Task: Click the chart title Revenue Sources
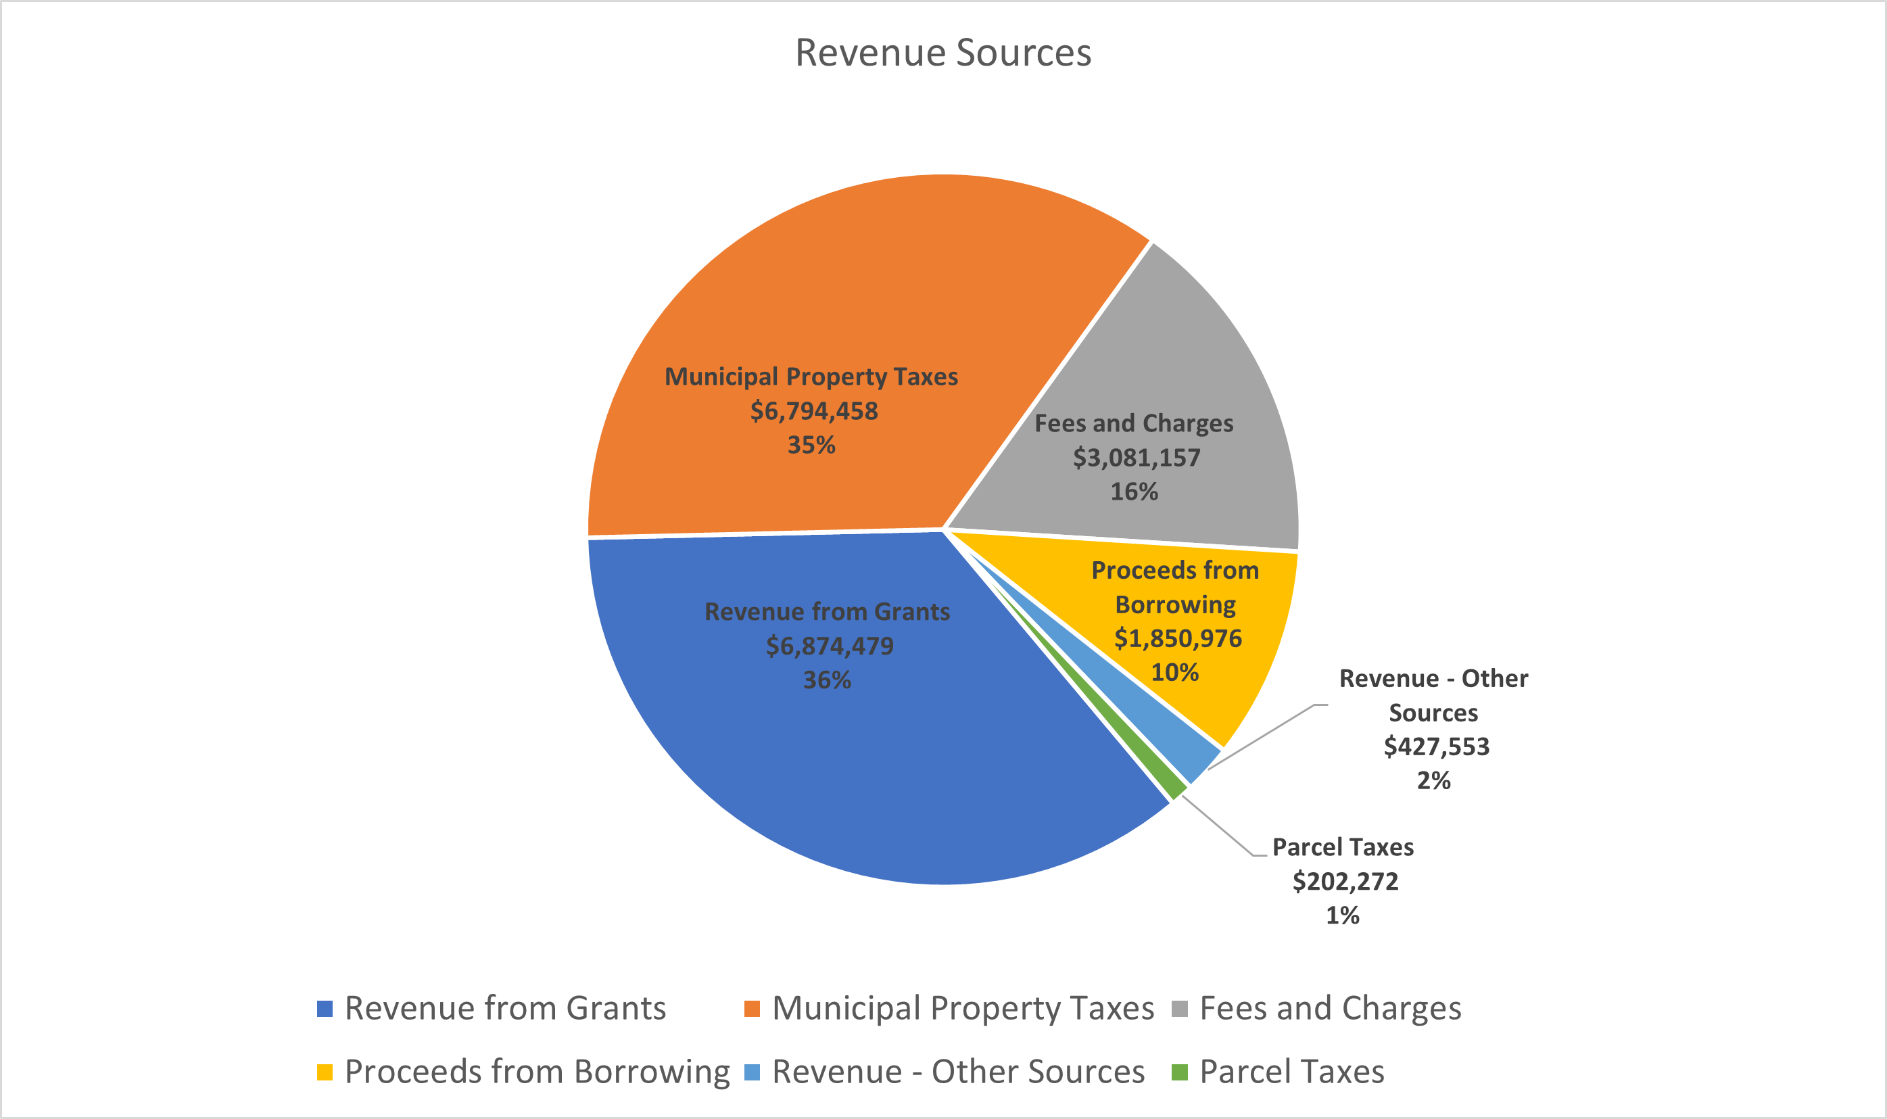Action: pyautogui.click(x=943, y=53)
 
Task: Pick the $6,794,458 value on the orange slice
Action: pyautogui.click(x=813, y=411)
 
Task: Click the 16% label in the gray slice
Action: pyautogui.click(x=1133, y=492)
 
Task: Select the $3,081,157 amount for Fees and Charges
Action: pyautogui.click(x=1136, y=458)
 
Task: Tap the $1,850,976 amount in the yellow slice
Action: pyautogui.click(x=1178, y=639)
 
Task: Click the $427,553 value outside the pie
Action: pyautogui.click(x=1436, y=746)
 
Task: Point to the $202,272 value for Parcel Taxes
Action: pyautogui.click(x=1345, y=881)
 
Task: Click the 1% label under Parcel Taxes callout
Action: pyautogui.click(x=1342, y=915)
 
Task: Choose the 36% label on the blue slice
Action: pyautogui.click(x=827, y=680)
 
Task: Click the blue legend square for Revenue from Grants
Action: pyautogui.click(x=325, y=1009)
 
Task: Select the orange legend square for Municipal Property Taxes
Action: pyautogui.click(x=752, y=1009)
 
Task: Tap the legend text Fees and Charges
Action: pyautogui.click(x=1330, y=1008)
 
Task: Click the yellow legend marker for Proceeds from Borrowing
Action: pyautogui.click(x=325, y=1072)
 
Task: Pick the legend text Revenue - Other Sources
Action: pyautogui.click(x=958, y=1072)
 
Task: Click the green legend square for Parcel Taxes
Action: pyautogui.click(x=1180, y=1072)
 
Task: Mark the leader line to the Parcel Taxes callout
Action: pyautogui.click(x=1218, y=826)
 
